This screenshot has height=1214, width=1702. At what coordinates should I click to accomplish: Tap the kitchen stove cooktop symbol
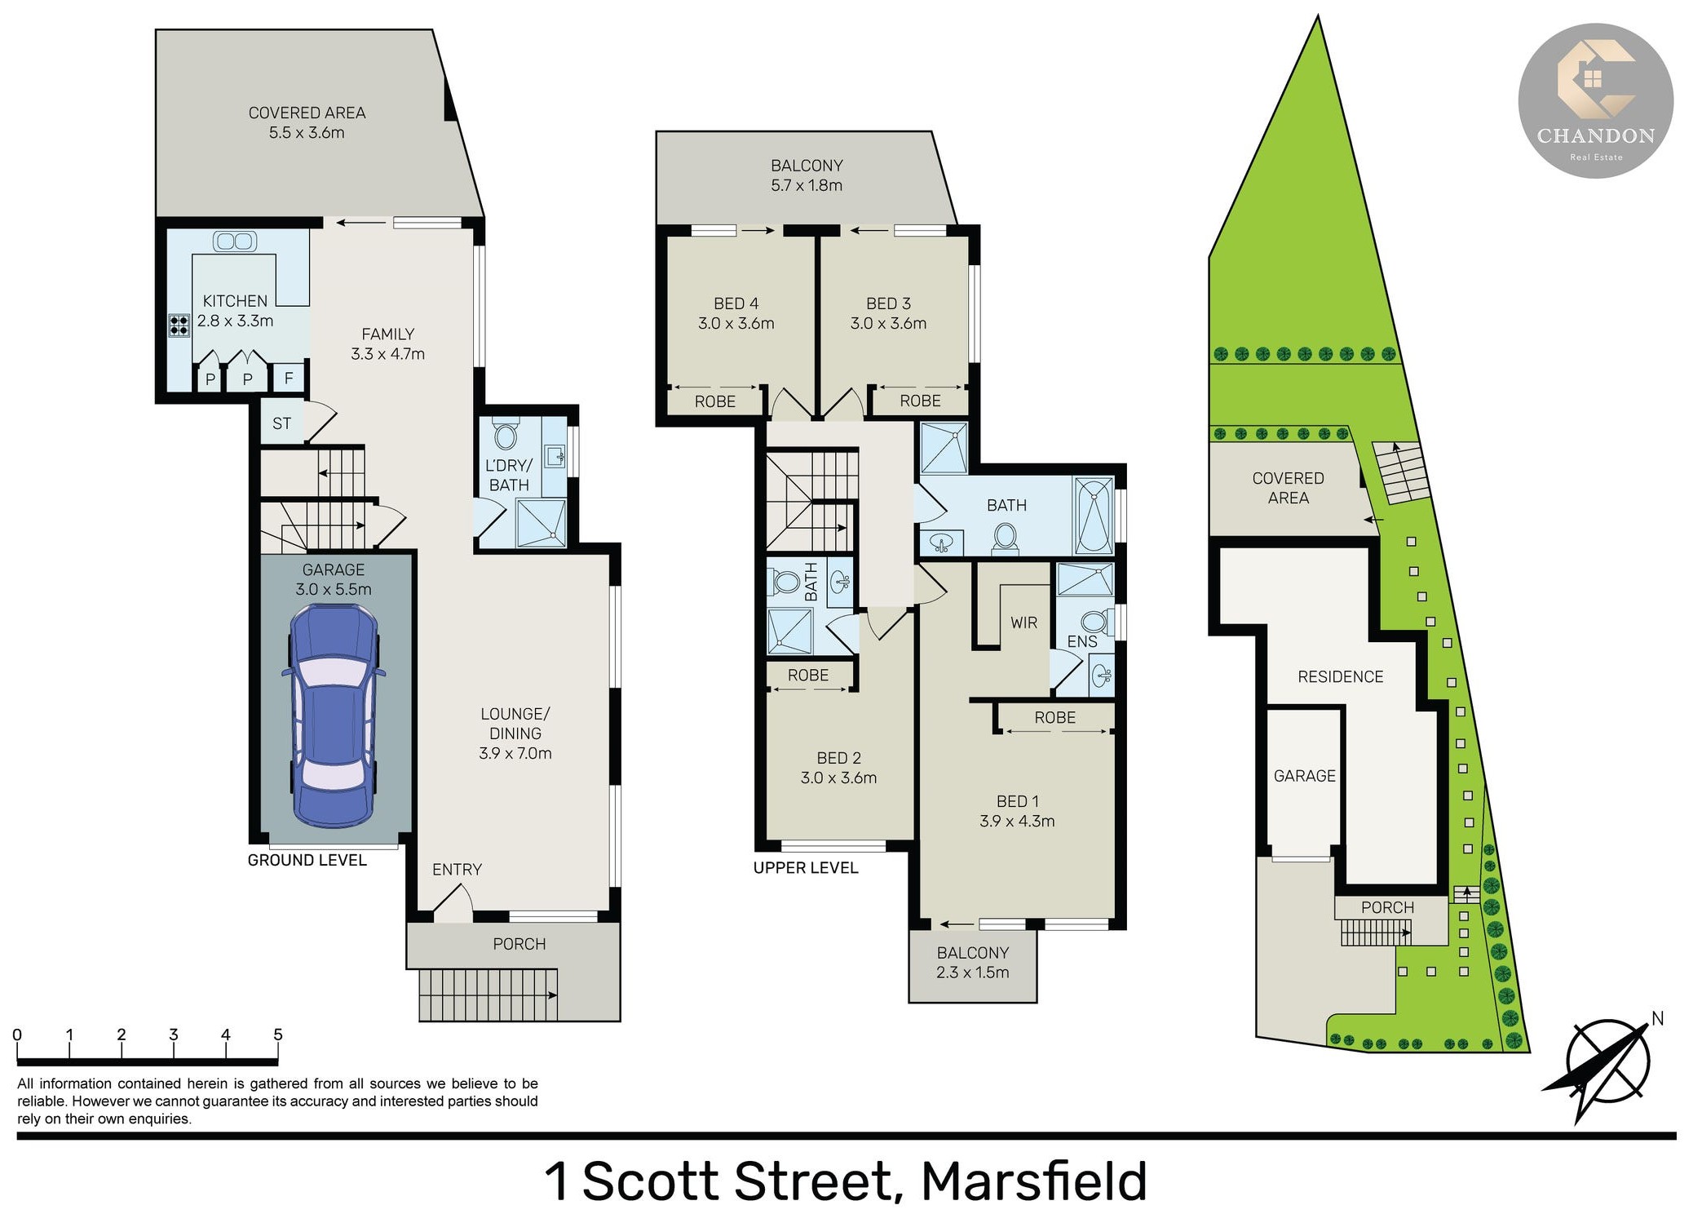coord(179,325)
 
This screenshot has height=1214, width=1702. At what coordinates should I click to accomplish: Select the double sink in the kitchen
coord(235,241)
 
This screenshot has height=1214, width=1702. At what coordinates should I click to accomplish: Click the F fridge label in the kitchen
coord(289,379)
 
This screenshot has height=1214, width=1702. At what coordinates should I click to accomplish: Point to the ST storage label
coord(281,423)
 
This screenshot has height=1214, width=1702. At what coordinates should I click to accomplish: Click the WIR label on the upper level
coord(1023,623)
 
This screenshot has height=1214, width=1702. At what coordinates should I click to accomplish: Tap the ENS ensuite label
coord(1082,642)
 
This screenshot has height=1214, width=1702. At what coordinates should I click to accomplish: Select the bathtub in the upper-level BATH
coord(1094,516)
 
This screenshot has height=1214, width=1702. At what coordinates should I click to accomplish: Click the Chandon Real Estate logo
coord(1595,101)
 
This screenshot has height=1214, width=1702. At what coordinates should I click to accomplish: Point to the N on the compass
coord(1657,1018)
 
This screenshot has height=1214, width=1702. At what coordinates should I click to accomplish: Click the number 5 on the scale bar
coord(278,1035)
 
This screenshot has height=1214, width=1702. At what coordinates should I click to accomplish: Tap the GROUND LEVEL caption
coord(307,860)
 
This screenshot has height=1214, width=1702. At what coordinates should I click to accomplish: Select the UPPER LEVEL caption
coord(806,867)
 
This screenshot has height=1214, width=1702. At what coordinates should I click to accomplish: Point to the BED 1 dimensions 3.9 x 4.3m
coord(1017,821)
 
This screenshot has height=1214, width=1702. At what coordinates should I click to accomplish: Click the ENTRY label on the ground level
coord(457,870)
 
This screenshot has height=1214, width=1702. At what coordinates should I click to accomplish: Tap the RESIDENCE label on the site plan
coord(1341,676)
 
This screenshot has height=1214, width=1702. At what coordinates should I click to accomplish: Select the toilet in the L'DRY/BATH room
coord(506,434)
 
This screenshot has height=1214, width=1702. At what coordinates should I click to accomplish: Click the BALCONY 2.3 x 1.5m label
coord(973,963)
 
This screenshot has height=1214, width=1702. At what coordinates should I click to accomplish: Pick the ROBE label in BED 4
coord(715,401)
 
